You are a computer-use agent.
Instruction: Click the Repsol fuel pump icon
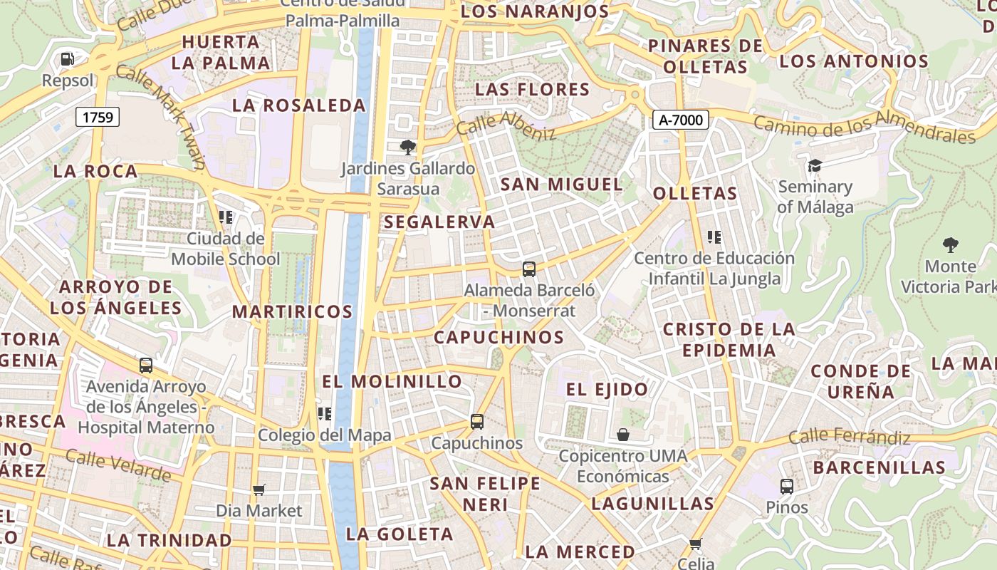click(x=67, y=58)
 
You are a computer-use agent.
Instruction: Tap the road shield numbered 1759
click(x=98, y=117)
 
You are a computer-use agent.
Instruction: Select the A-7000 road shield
click(x=681, y=120)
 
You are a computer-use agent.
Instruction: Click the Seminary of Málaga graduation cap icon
click(x=814, y=166)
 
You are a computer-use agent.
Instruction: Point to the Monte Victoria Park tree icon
click(x=950, y=245)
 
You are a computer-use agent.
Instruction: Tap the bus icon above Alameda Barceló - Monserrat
click(x=528, y=269)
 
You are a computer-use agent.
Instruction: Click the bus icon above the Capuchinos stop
click(x=477, y=422)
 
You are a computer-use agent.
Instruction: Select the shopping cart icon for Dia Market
click(x=259, y=489)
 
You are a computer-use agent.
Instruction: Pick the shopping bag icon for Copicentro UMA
click(x=623, y=435)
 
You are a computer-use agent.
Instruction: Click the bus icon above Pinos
click(x=787, y=487)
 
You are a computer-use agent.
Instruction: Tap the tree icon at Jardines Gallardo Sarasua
click(x=407, y=147)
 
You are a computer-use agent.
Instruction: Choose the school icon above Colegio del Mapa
click(x=325, y=414)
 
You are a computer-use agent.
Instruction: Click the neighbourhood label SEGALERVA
click(x=439, y=222)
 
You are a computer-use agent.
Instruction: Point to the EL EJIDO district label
click(x=607, y=390)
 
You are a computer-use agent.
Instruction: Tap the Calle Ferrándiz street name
click(x=849, y=436)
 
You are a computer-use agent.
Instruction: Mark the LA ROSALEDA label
click(x=299, y=106)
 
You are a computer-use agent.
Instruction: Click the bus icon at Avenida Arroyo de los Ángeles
click(x=146, y=366)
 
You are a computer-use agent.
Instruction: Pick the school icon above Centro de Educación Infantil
click(x=714, y=237)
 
